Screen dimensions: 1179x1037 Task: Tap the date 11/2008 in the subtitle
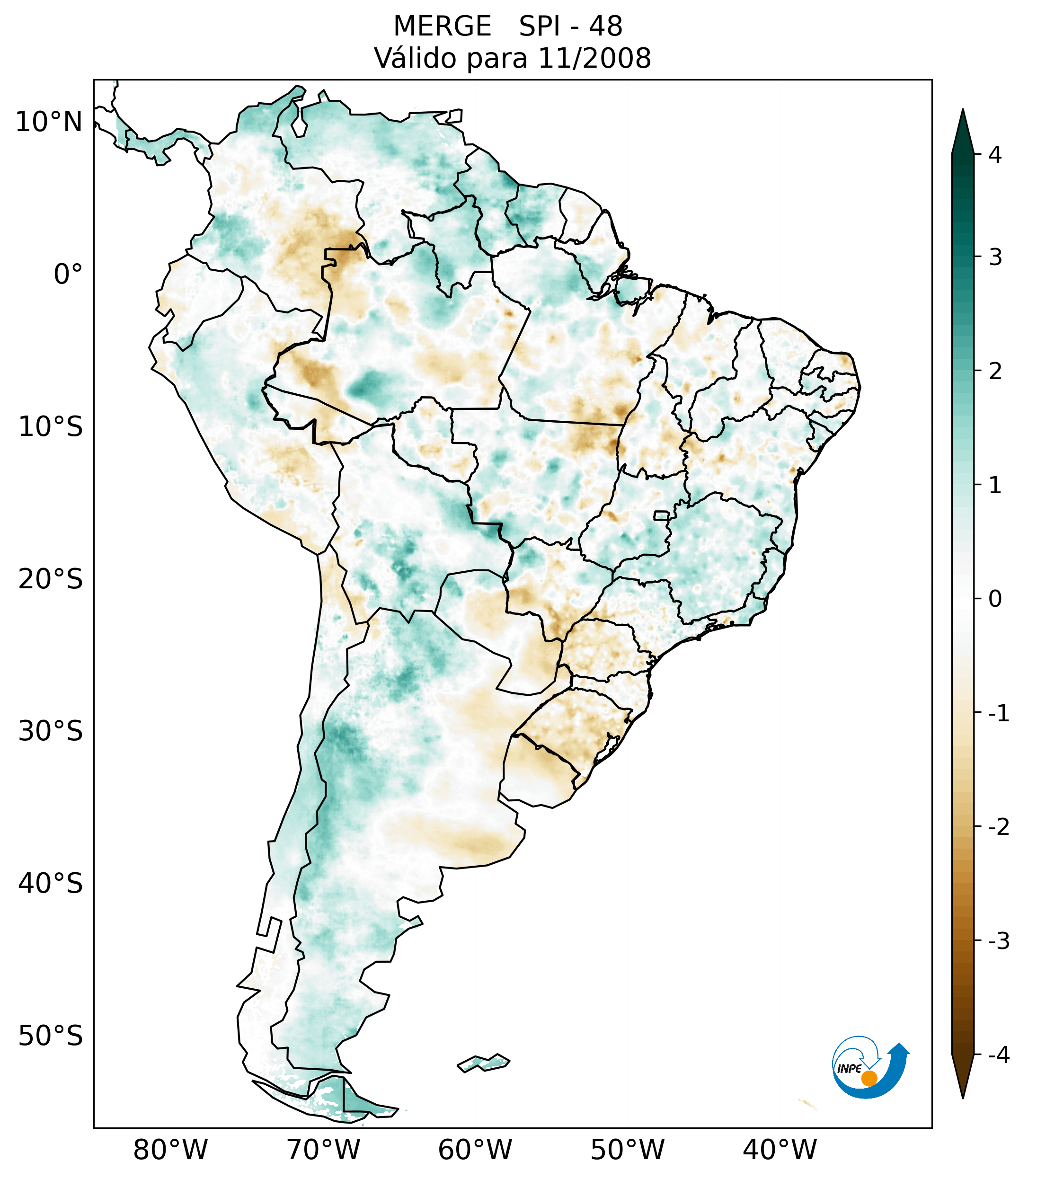tap(594, 58)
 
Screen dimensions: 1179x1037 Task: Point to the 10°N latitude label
tap(49, 122)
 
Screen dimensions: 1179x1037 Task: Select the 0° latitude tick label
tap(68, 275)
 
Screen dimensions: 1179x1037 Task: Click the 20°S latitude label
tap(51, 579)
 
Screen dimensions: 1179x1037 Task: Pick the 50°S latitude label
tap(51, 1037)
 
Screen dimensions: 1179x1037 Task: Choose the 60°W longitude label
tap(475, 1150)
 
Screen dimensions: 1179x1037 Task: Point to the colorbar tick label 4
tap(995, 155)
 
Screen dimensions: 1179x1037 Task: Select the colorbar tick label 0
tap(995, 599)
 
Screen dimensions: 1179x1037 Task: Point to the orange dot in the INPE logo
tap(869, 1078)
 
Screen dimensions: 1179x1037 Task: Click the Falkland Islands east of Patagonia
tap(483, 1062)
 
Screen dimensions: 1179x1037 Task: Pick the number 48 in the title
tap(606, 27)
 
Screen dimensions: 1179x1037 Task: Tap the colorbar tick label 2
tap(995, 372)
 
